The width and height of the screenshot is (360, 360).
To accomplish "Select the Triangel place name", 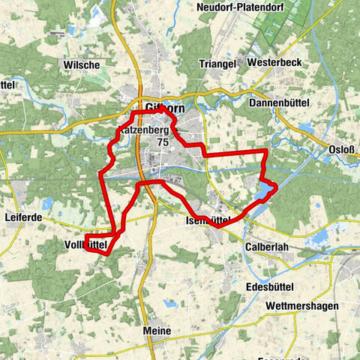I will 218,63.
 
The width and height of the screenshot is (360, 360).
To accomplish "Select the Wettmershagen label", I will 301,307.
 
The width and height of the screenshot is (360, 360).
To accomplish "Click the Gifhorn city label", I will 166,106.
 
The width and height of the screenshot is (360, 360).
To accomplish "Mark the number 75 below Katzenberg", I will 163,142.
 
